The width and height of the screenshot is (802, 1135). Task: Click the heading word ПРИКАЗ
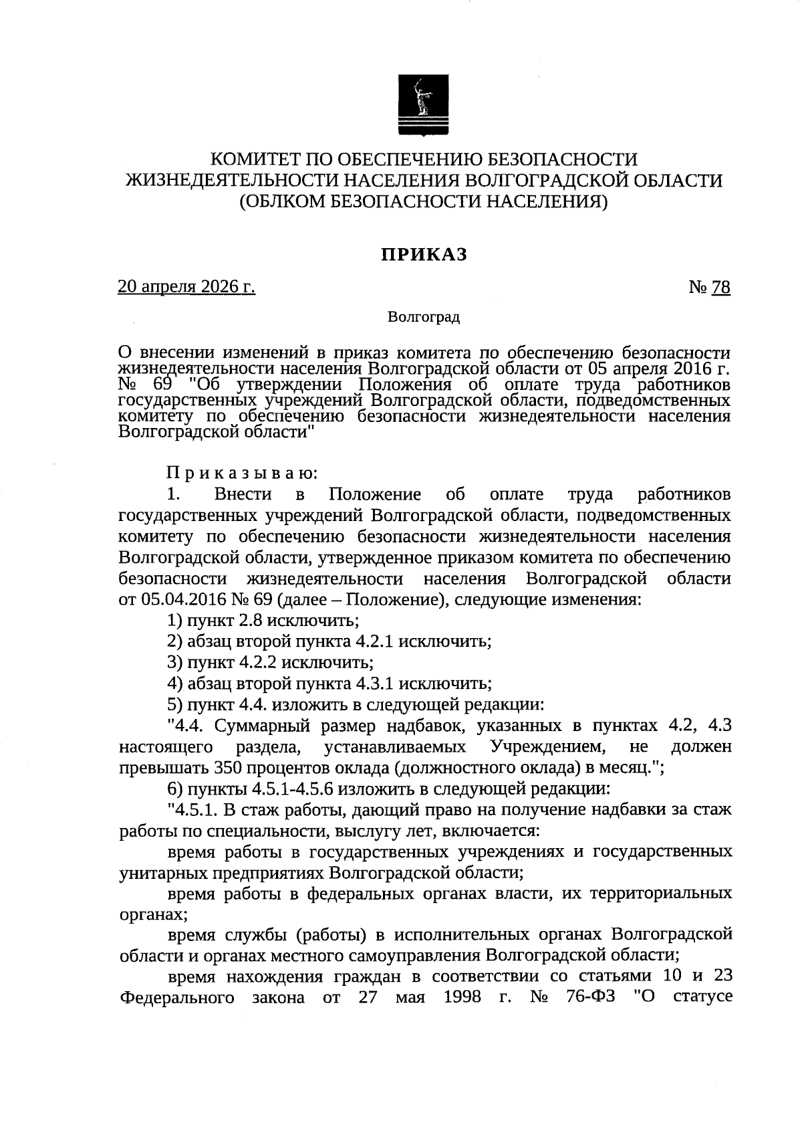coord(424,255)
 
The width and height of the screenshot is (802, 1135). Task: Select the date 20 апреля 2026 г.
coord(186,287)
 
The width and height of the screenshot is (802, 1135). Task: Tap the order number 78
coord(720,288)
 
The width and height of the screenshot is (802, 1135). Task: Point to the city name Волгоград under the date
coord(424,317)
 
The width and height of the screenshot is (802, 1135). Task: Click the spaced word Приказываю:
coord(243,474)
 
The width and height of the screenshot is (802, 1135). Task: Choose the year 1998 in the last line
coord(462,997)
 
